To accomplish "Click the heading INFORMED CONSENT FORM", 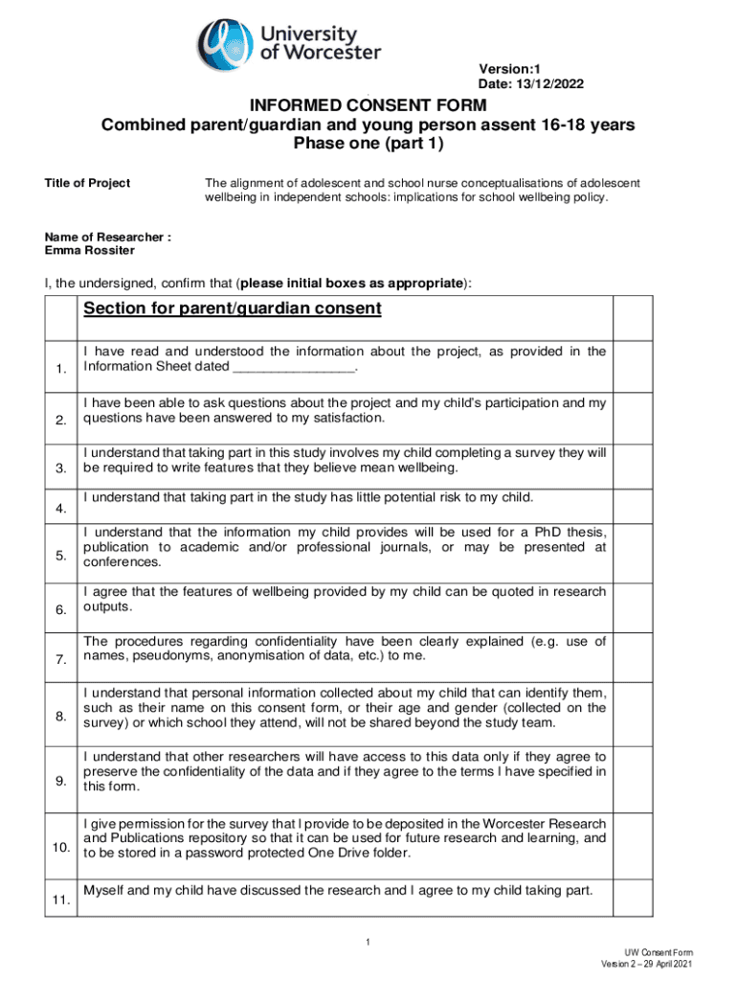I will pyautogui.click(x=368, y=105).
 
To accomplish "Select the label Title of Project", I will pyautogui.click(x=88, y=183).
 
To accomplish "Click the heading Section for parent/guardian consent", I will pyautogui.click(x=233, y=308).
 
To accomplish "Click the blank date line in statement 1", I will pyautogui.click(x=293, y=367).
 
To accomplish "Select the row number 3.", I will pyautogui.click(x=60, y=468).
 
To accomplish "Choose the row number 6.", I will pyautogui.click(x=60, y=610).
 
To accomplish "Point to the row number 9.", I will pyautogui.click(x=60, y=782).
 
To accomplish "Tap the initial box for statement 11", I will pyautogui.click(x=633, y=899).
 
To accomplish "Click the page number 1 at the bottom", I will pyautogui.click(x=368, y=946).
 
